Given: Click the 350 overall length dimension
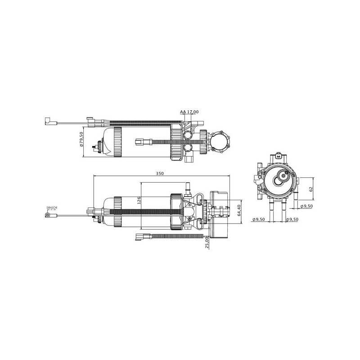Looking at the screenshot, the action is tap(160, 174).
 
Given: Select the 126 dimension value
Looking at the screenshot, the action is tap(139, 200).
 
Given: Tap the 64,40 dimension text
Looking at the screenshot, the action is tap(239, 211).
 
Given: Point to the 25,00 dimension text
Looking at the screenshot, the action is tap(207, 243).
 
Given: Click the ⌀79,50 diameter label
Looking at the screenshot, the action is tap(81, 139).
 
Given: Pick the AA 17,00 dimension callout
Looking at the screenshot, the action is tap(189, 112).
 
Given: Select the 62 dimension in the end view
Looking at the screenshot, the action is tap(311, 189).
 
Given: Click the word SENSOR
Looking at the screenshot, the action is tap(52, 208).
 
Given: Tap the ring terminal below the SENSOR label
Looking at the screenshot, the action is tap(48, 216).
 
